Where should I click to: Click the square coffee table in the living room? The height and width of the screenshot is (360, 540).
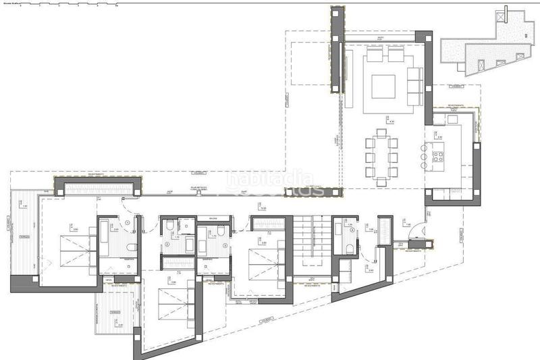[x=383, y=86]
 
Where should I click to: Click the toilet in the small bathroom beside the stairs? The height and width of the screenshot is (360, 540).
[x=348, y=249]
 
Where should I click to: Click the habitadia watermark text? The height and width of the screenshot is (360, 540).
[x=270, y=180]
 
